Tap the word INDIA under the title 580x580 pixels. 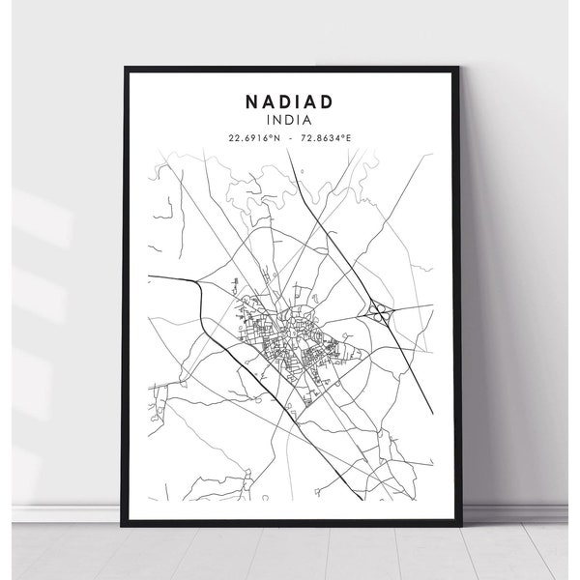click(x=290, y=119)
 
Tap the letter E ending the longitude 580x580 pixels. click(x=349, y=138)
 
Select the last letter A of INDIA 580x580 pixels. click(x=309, y=119)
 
